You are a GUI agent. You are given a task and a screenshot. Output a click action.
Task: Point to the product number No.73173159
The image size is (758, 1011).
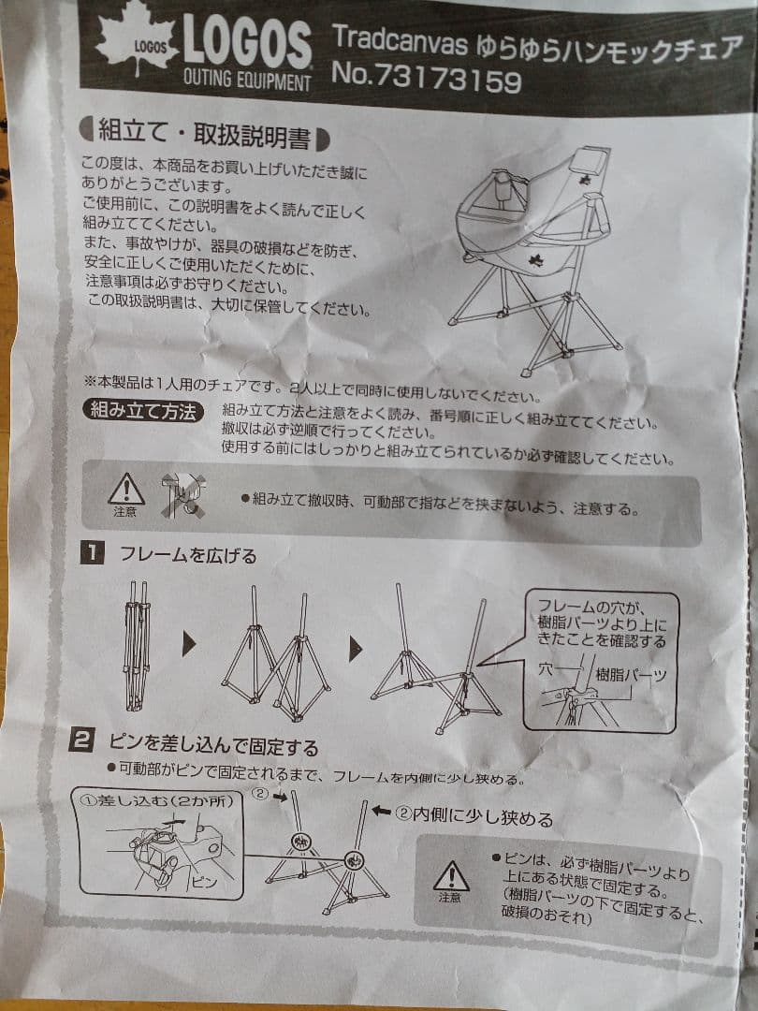coord(426,80)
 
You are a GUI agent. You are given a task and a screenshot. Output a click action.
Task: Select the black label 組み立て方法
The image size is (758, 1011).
coord(143,410)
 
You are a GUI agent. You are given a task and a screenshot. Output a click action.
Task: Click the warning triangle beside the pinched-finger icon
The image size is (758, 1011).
coord(125,491)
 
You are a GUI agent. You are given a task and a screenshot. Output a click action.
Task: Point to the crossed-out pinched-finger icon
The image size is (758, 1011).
coord(182,494)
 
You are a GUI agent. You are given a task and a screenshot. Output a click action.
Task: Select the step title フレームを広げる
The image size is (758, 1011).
coord(187,555)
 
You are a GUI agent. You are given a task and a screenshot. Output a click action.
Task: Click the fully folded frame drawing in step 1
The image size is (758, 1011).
coord(137,646)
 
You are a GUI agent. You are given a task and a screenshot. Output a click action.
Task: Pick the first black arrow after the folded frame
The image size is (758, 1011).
coord(190,644)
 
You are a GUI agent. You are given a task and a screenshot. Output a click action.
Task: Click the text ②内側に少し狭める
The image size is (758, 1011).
coord(474,816)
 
